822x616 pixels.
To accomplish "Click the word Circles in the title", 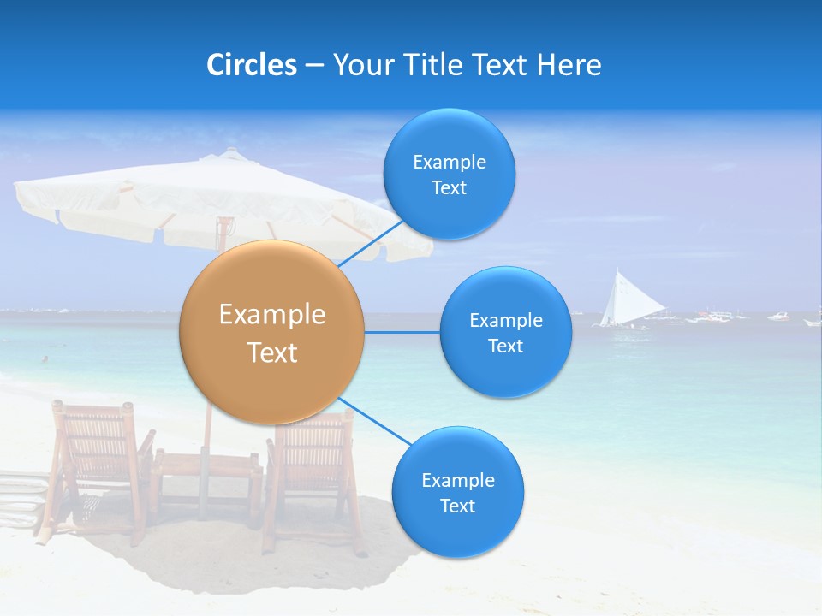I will [251, 65].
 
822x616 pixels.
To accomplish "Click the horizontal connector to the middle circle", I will [402, 332].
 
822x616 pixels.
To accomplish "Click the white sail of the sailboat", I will [622, 299].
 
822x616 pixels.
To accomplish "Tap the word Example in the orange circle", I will [271, 315].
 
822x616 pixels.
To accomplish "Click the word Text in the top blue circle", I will [449, 188].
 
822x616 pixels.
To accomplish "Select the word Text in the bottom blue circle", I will [457, 506].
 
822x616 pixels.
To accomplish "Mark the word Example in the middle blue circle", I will [505, 321].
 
